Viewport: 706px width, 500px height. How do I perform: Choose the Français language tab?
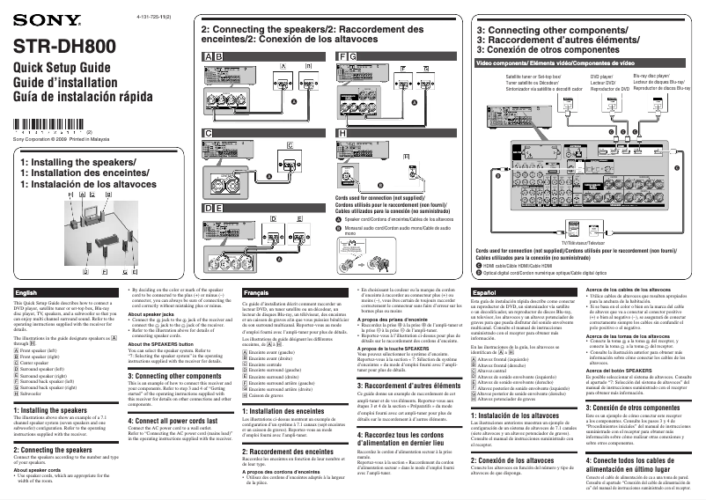pos(257,291)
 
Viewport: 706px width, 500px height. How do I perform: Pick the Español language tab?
pos(486,291)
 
